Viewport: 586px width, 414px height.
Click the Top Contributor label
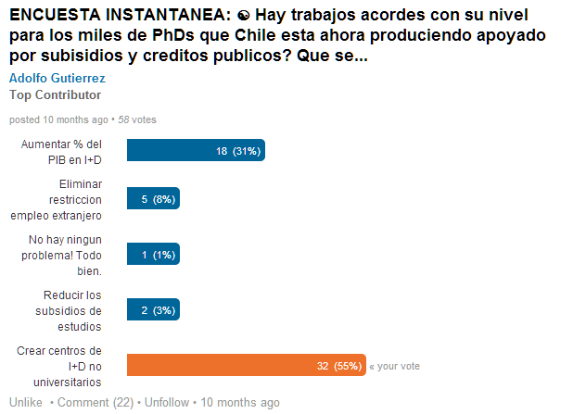55,94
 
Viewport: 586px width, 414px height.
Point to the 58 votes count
136,119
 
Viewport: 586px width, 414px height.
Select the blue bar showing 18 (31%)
196,151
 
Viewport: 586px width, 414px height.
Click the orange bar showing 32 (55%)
246,366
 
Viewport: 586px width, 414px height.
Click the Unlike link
26,403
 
